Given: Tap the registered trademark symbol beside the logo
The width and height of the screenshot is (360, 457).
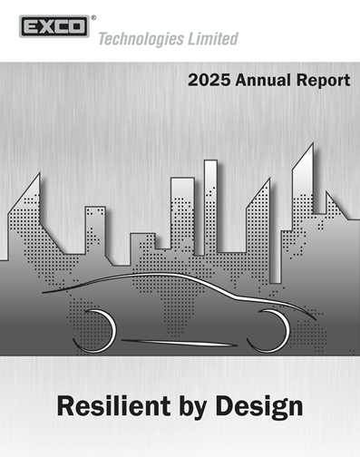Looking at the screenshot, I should [95, 15].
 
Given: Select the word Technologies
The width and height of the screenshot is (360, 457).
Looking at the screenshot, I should [145, 39].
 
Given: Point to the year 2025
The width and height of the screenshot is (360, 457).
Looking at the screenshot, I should [209, 81].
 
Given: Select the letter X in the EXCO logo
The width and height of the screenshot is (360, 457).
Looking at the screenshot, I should [41, 26].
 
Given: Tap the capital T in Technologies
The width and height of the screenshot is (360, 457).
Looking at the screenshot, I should [102, 39].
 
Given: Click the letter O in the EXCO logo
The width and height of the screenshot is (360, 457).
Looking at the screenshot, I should [76, 26].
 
